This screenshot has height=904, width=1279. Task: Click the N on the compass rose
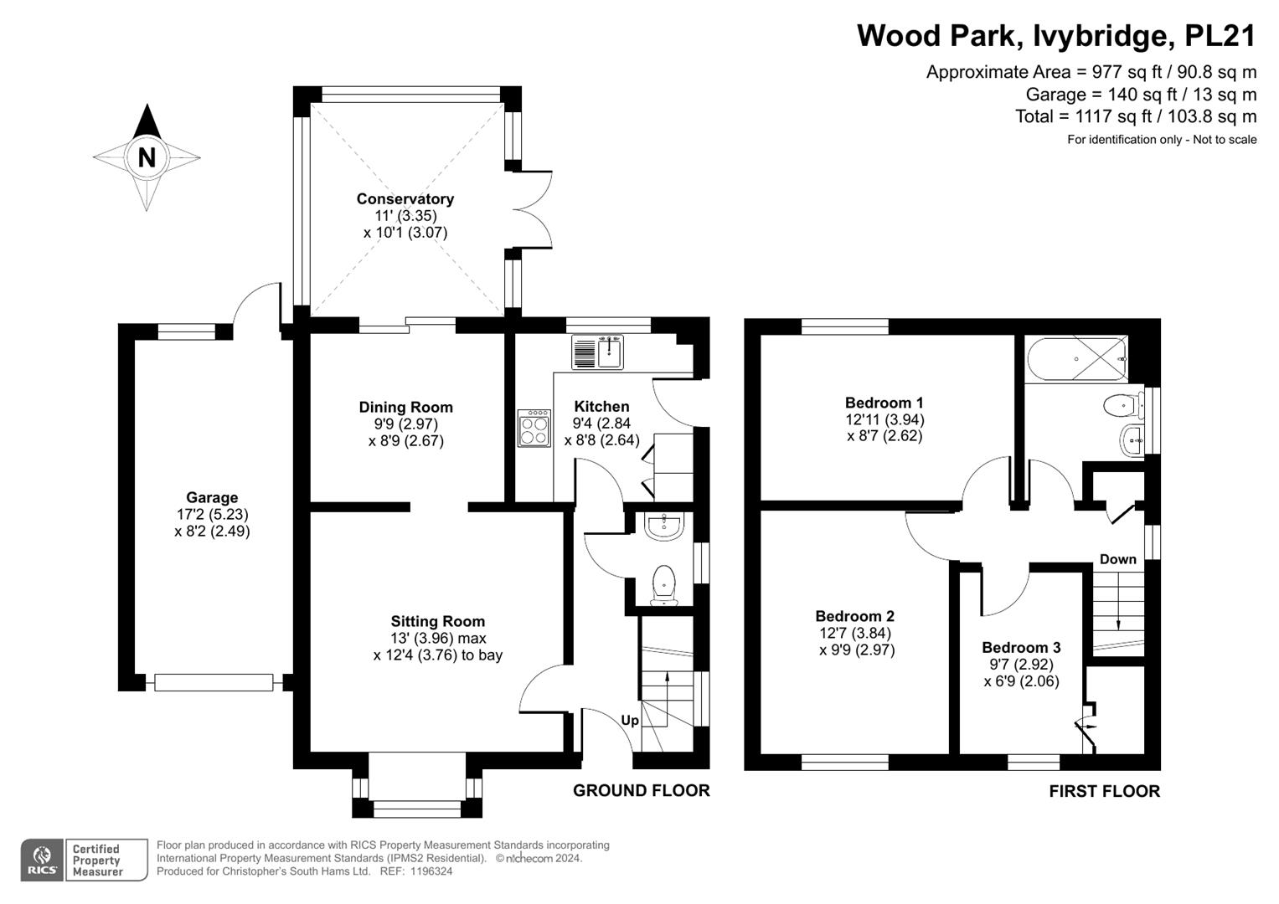(147, 157)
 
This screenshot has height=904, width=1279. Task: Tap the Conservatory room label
(405, 198)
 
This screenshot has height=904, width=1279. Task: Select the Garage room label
(212, 497)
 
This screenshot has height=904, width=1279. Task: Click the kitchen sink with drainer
(597, 352)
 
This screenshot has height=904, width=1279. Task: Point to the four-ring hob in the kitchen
(534, 428)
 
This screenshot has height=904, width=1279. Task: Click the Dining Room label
(406, 407)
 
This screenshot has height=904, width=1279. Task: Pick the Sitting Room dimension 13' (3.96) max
(438, 638)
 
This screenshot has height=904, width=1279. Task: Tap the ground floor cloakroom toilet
(664, 586)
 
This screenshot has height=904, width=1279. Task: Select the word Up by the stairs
(630, 721)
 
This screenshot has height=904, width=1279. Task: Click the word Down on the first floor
(1118, 559)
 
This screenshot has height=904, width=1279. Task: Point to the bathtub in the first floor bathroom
(1076, 359)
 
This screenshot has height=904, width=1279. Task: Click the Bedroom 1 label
(884, 403)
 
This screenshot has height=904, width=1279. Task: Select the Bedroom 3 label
(1022, 647)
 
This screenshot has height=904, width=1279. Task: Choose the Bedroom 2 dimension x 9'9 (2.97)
(857, 650)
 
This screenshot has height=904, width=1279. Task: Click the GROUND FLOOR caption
(642, 790)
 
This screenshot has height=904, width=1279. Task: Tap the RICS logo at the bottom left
(42, 860)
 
